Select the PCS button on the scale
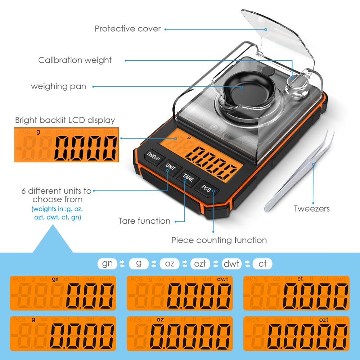point(206,188)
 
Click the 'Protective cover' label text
point(128,28)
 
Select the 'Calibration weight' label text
point(75,60)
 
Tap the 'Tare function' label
point(144,221)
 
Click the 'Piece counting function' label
point(219,240)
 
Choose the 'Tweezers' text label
point(311,208)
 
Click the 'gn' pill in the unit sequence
point(107,264)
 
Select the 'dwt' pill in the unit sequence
point(231,264)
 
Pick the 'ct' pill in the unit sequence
point(262,264)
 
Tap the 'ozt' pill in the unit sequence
point(200,264)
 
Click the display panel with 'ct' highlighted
point(296,293)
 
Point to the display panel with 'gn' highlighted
point(63,293)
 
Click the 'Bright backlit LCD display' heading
point(65,120)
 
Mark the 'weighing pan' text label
point(58,86)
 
